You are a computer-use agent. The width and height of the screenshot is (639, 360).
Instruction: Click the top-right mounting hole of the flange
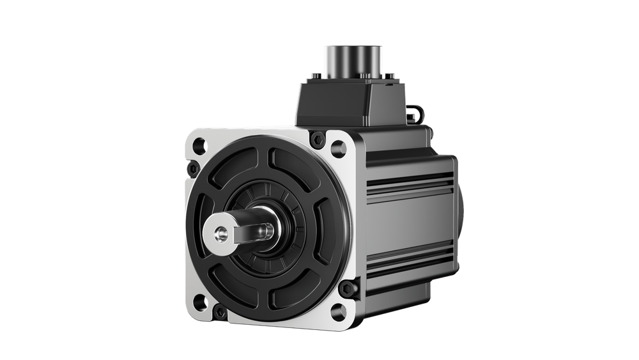[336, 143]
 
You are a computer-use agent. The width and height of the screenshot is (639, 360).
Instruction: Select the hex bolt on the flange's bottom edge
[220, 312]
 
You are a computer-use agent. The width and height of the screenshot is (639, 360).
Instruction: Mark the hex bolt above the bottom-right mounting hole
[349, 289]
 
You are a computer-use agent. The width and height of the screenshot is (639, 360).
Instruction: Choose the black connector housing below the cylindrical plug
[348, 106]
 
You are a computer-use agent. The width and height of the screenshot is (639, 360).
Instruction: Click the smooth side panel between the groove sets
[409, 221]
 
